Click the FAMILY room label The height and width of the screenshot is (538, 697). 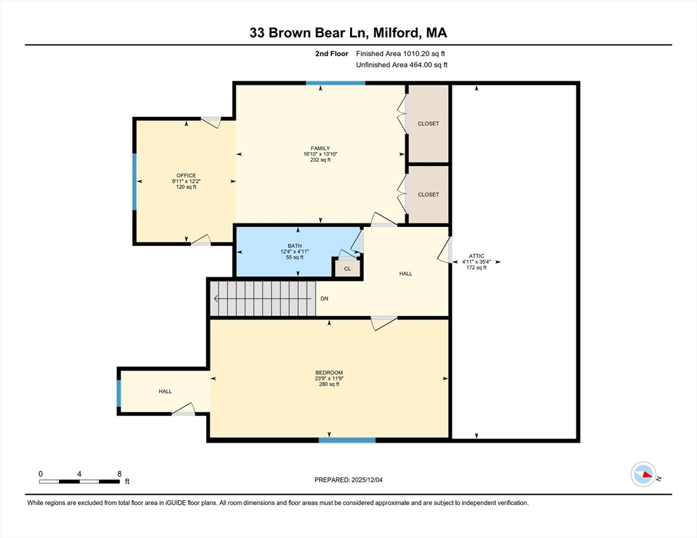320,149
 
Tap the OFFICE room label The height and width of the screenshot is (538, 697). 186,176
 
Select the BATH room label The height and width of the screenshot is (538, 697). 295,246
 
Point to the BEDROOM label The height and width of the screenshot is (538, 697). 329,373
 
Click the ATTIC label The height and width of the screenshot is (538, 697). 476,256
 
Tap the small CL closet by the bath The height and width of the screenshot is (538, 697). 348,268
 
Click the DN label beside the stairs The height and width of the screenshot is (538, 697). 325,298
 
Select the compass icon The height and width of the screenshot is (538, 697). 643,474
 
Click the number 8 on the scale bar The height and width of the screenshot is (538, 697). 119,474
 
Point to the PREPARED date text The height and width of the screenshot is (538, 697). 348,480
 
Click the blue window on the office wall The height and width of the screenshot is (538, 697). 134,181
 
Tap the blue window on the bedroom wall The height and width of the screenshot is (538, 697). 347,440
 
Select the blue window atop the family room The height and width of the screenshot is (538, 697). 336,83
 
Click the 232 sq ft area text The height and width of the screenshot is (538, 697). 320,160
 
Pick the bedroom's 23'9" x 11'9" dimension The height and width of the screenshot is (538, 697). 329,378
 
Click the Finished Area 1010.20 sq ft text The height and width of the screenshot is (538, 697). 400,54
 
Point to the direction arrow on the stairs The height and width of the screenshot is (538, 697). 262,298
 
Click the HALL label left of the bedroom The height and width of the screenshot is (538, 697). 165,392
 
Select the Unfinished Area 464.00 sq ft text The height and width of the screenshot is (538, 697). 402,65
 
